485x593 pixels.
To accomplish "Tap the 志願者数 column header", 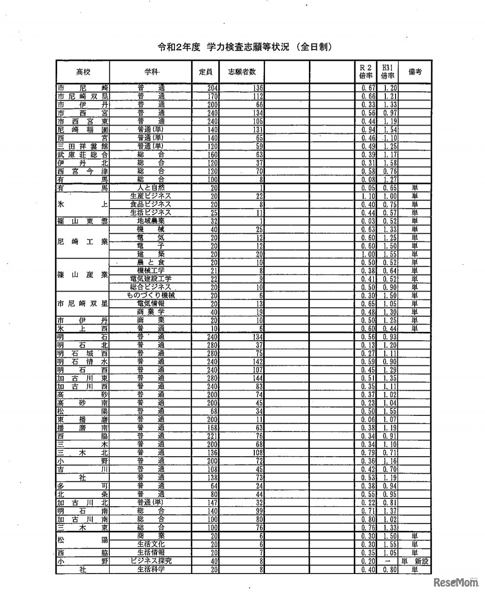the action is pos(242,72).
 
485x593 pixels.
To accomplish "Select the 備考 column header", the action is pos(415,72).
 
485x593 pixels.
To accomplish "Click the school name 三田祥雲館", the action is pos(82,146).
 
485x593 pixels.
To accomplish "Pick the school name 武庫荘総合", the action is pos(82,154).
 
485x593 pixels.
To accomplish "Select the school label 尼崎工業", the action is pos(82,242).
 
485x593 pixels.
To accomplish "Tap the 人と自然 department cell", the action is pos(151,188).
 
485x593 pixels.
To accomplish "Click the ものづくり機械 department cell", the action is pos(151,295).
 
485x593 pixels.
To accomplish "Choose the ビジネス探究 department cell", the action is pos(151,561).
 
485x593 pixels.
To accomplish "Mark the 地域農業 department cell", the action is pos(151,221).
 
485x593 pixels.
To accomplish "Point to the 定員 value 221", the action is pos(213,436).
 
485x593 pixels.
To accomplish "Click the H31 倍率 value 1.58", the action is pos(390,163).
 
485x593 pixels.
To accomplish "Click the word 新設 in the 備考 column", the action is pos(422,561).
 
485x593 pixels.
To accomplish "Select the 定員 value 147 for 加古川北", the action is pos(213,502).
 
